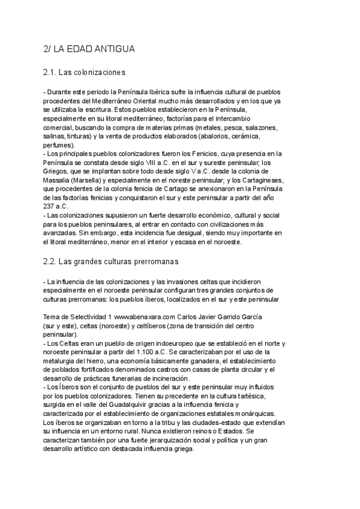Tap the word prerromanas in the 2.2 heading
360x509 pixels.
point(148,262)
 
